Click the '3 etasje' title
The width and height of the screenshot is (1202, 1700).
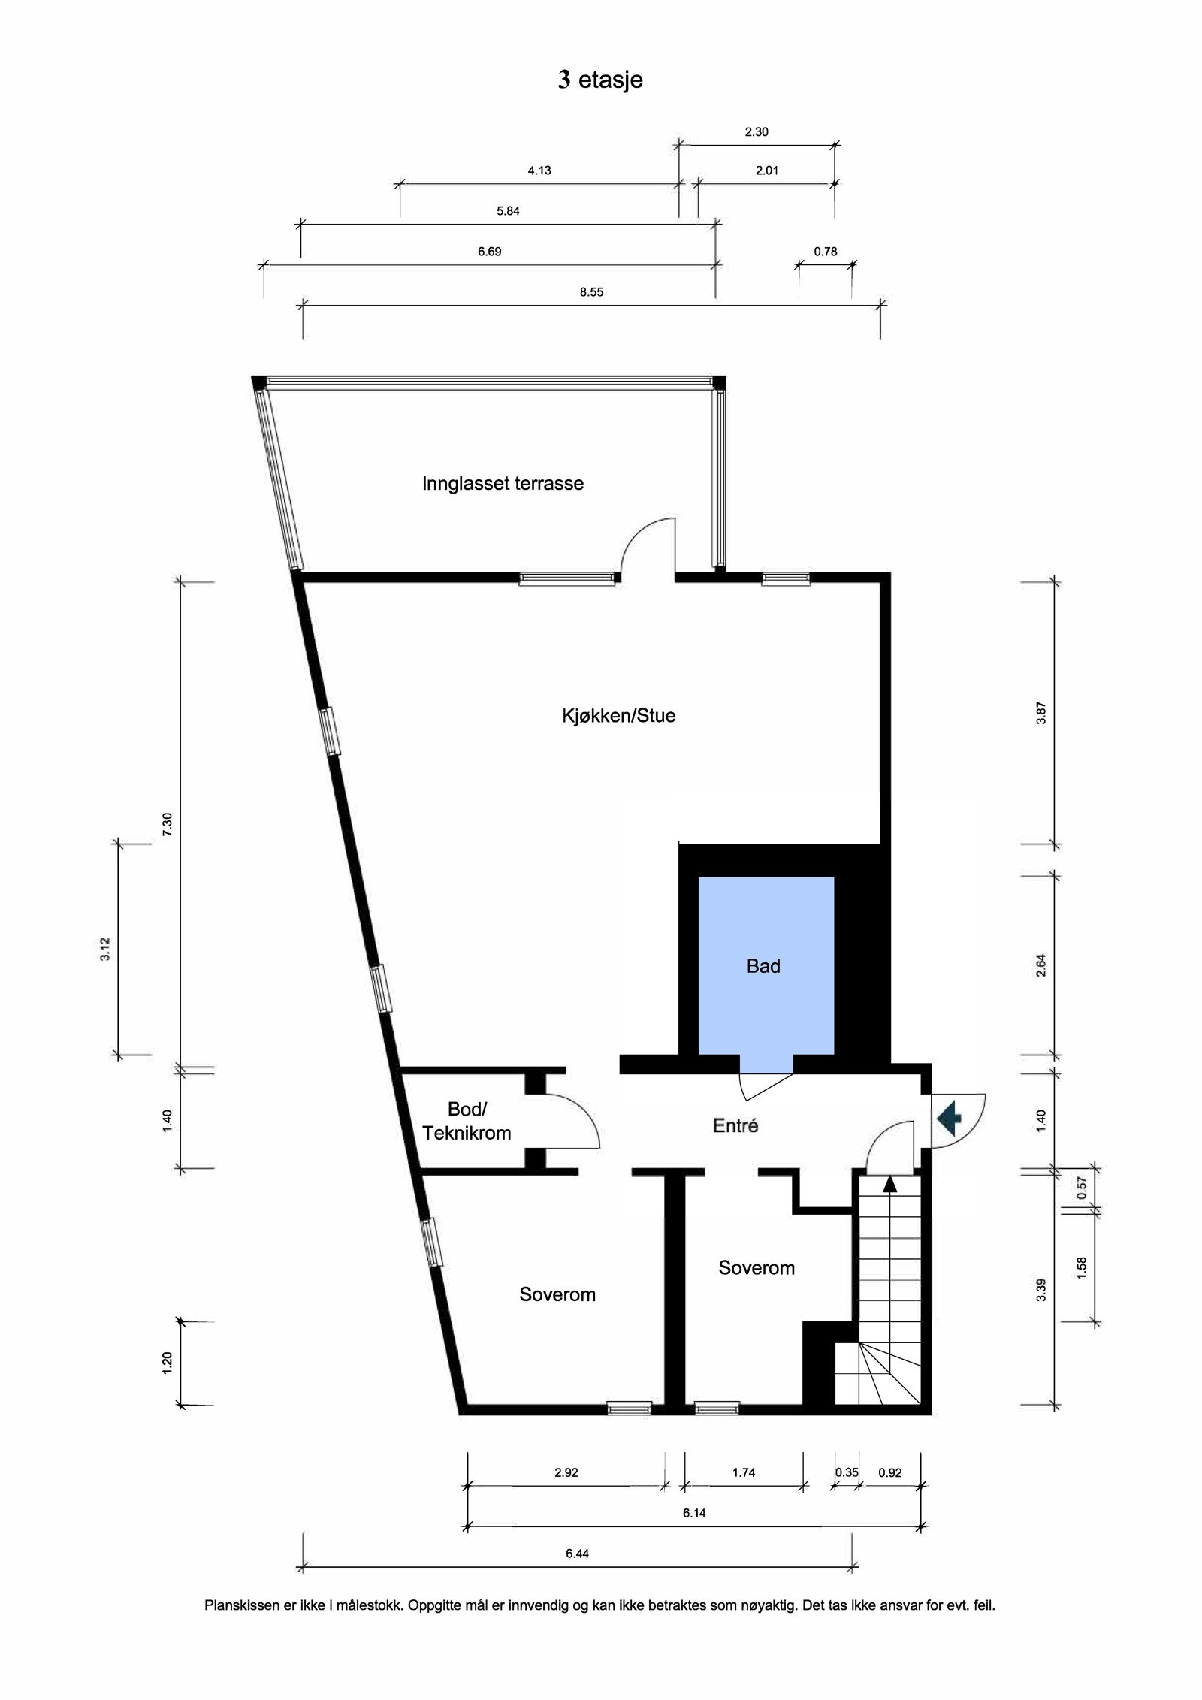(600, 80)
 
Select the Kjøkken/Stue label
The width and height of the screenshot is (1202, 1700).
(618, 715)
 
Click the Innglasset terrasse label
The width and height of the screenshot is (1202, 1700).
(503, 483)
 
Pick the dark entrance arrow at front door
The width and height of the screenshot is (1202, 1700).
(949, 1117)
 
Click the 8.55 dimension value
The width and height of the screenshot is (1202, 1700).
(591, 292)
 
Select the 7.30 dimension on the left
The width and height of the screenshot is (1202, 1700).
(168, 823)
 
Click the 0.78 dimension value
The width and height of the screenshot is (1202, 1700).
(825, 252)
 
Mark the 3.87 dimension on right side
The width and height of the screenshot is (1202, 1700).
(1040, 712)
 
